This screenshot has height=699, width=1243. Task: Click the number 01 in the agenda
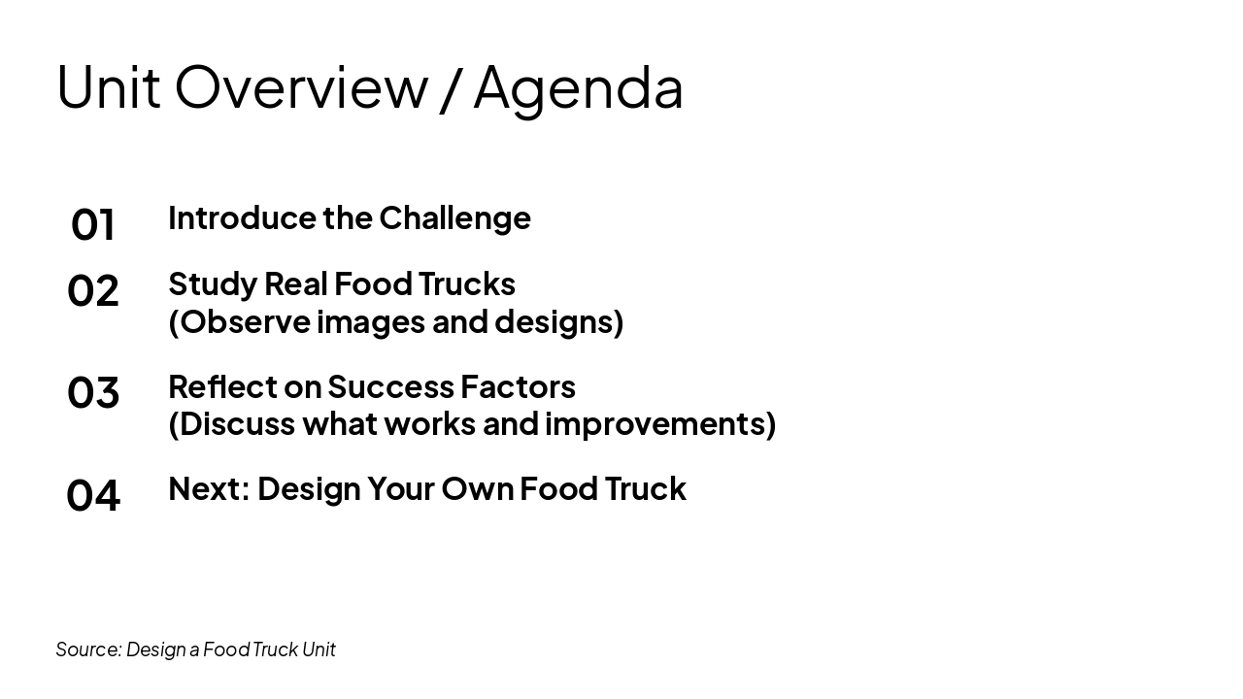pyautogui.click(x=93, y=224)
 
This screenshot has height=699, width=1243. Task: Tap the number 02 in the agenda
pyautogui.click(x=93, y=290)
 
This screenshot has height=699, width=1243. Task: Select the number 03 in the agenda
pyautogui.click(x=93, y=392)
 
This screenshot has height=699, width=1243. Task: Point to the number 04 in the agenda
pyautogui.click(x=93, y=494)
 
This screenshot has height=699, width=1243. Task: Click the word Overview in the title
pyautogui.click(x=301, y=87)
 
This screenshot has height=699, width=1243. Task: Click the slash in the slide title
pyautogui.click(x=450, y=87)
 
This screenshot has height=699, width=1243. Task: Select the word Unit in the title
pyautogui.click(x=108, y=87)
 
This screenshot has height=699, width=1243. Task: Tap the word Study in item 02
pyautogui.click(x=212, y=284)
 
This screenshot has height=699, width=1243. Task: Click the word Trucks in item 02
pyautogui.click(x=467, y=283)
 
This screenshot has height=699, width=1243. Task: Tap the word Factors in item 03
pyautogui.click(x=518, y=386)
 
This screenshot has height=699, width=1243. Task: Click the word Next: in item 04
pyautogui.click(x=209, y=488)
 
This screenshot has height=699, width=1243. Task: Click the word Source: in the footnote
pyautogui.click(x=88, y=649)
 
